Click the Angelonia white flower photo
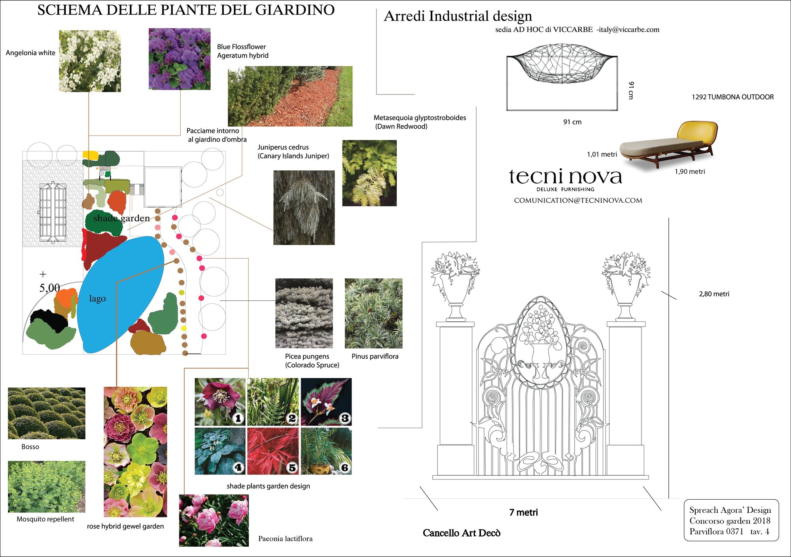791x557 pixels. pos(90,61)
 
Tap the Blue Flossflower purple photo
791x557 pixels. pos(180,59)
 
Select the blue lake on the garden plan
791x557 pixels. pos(120,295)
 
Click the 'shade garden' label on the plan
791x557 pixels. pos(121,218)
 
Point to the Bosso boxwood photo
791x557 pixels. pos(47,413)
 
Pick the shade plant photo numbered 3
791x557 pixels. pos(326,402)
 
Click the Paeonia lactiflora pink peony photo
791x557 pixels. pos(214,521)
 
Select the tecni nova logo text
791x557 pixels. pos(566,176)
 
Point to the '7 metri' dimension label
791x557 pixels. pos(524,512)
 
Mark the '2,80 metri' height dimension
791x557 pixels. pos(714,294)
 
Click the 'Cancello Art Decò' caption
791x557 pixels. pos(462,533)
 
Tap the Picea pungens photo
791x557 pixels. pos(304,313)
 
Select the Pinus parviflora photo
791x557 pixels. pos(374,313)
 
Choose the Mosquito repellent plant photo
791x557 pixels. pos(47,487)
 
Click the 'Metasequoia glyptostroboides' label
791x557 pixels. pos(420,118)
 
